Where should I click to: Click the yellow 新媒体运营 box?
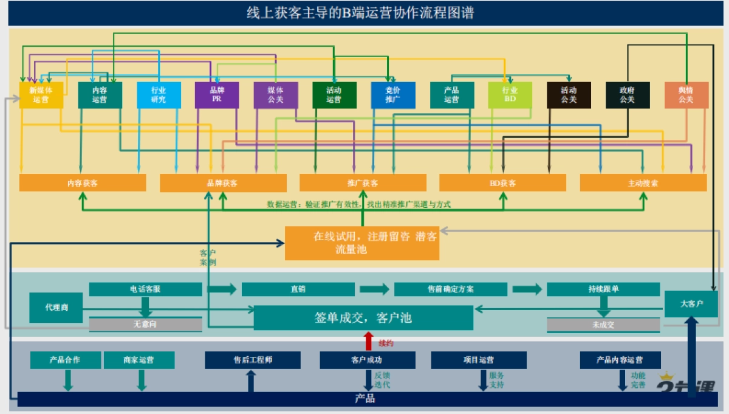pyautogui.click(x=41, y=95)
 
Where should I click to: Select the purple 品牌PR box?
pyautogui.click(x=217, y=95)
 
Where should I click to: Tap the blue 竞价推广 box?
pyautogui.click(x=393, y=95)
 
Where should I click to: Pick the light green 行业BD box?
pyautogui.click(x=510, y=95)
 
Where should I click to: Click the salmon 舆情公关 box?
pyautogui.click(x=686, y=95)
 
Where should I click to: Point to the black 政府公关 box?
pyautogui.click(x=627, y=95)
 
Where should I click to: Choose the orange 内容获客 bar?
pyautogui.click(x=83, y=183)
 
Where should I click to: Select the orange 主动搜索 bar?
pyautogui.click(x=643, y=183)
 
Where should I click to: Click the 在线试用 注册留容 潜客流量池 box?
pyautogui.click(x=362, y=243)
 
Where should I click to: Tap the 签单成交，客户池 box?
pyautogui.click(x=363, y=318)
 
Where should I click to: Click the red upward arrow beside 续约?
pyautogui.click(x=368, y=341)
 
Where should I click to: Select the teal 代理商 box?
pyautogui.click(x=56, y=308)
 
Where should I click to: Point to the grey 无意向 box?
pyautogui.click(x=145, y=325)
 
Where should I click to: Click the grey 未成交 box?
pyautogui.click(x=603, y=325)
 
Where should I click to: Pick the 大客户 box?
pyautogui.click(x=691, y=304)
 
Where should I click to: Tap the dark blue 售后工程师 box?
pyautogui.click(x=253, y=360)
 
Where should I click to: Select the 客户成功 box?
pyautogui.click(x=368, y=360)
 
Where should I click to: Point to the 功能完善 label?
pyautogui.click(x=638, y=381)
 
